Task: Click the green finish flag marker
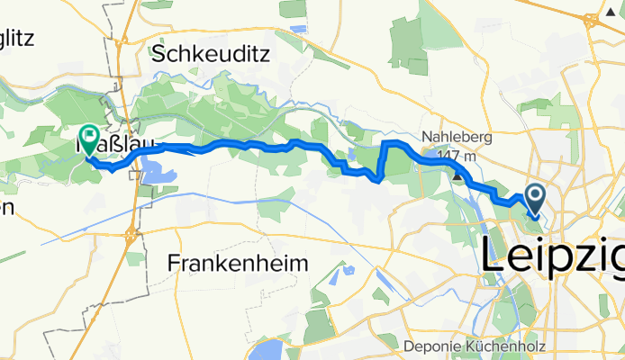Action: click(x=90, y=138)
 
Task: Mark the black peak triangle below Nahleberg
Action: click(x=458, y=175)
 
